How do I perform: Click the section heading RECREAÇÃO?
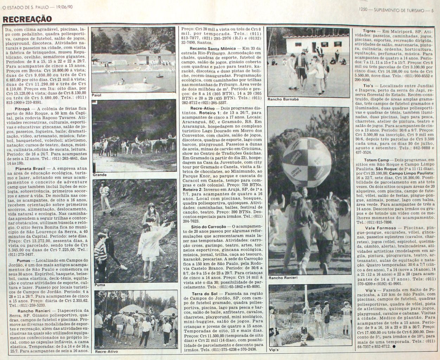point(27,19)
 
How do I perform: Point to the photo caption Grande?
point(100,175)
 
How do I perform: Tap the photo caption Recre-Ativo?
point(106,352)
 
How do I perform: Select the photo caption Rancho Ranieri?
point(283,278)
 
